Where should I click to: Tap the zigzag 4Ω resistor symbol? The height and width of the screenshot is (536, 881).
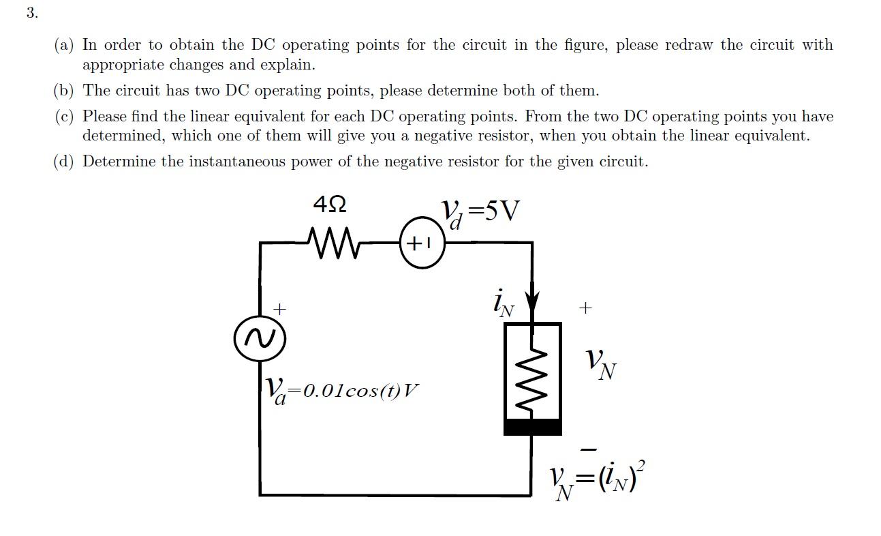334,241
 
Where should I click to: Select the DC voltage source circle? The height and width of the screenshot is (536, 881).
422,242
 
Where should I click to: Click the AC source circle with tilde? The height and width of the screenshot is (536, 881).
259,338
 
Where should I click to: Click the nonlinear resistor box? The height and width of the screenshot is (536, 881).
532,372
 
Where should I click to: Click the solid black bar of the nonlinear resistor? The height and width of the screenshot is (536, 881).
532,428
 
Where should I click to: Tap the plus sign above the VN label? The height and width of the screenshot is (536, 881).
585,308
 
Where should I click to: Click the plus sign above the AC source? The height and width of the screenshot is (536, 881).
278,309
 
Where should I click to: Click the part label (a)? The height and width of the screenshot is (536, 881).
65,45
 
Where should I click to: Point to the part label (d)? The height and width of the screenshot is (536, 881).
65,162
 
